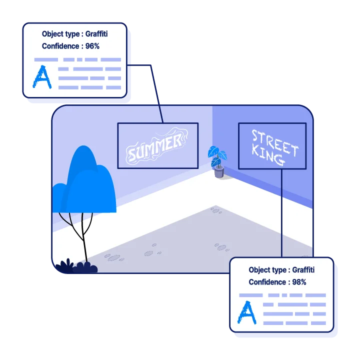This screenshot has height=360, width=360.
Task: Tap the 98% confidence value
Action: [299, 282]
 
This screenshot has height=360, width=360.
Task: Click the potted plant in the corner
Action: [217, 161]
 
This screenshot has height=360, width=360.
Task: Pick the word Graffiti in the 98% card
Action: [303, 270]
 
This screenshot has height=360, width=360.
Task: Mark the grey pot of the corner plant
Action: [219, 172]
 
